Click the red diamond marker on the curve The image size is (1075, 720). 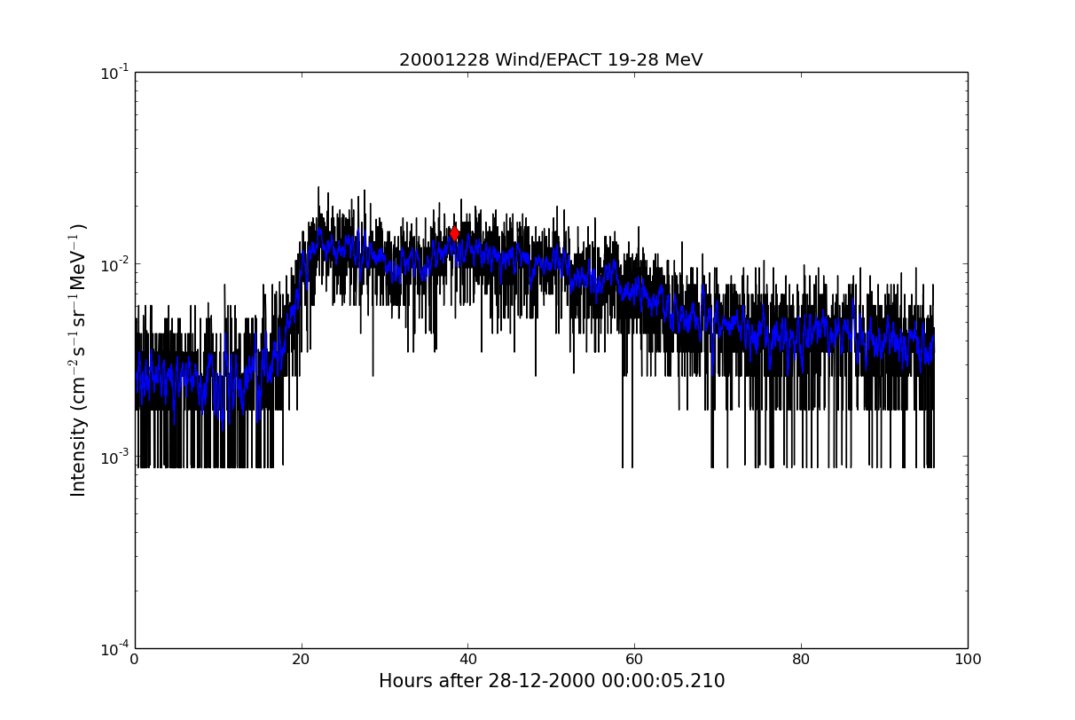click(454, 233)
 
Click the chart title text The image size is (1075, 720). click(551, 60)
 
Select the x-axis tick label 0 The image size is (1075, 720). click(135, 660)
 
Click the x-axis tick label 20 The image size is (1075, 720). click(302, 660)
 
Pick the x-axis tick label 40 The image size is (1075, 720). click(467, 660)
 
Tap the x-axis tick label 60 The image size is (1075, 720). click(634, 660)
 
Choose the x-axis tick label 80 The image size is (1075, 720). click(801, 660)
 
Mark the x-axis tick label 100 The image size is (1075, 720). click(968, 660)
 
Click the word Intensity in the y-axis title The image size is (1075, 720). click(79, 457)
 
